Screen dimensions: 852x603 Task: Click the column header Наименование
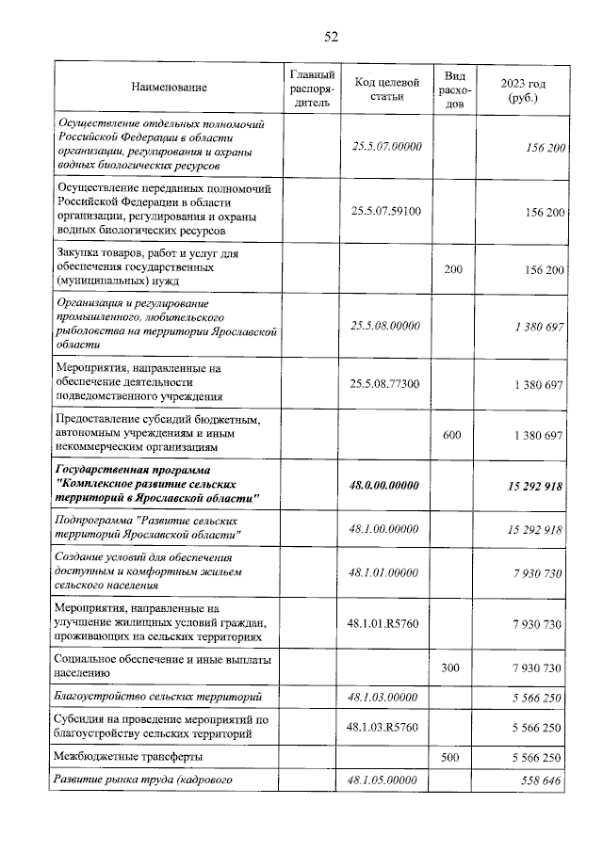pos(170,88)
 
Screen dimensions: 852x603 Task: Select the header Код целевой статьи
pos(386,88)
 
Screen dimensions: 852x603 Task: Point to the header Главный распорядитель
pos(311,88)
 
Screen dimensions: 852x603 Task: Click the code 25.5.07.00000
pos(386,147)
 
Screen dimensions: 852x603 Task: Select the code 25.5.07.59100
pos(386,211)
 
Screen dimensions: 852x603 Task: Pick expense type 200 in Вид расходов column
pos(453,269)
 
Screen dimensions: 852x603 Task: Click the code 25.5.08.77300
pos(386,384)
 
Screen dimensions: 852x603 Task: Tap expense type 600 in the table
pos(453,435)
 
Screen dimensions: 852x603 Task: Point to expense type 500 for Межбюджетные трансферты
pos(453,756)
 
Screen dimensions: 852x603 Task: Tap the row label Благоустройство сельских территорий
pos(156,697)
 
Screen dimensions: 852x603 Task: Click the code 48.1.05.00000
pos(386,780)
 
